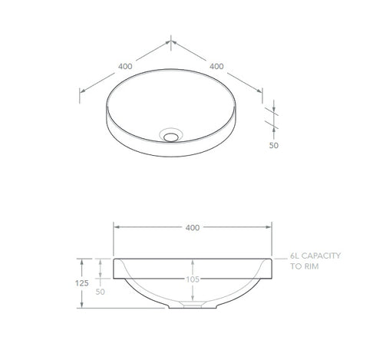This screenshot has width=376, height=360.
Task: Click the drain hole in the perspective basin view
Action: (x=171, y=136)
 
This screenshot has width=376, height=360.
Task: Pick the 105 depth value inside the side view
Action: (x=192, y=279)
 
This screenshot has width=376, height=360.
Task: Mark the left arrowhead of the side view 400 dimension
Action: (x=116, y=227)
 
